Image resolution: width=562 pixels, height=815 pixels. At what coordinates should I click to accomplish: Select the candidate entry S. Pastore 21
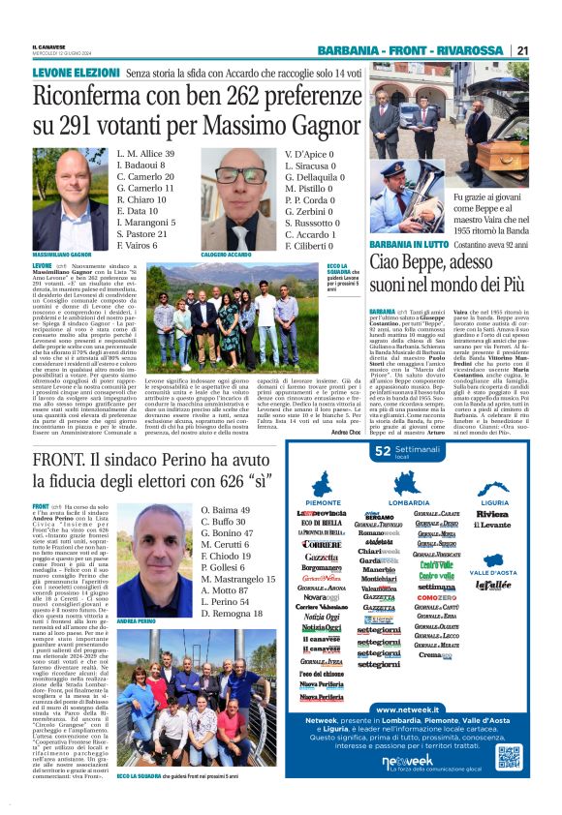click(x=143, y=233)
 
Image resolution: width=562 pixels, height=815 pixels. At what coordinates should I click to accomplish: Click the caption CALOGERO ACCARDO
click(x=226, y=255)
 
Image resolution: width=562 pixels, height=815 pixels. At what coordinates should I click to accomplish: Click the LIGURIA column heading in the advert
click(x=493, y=503)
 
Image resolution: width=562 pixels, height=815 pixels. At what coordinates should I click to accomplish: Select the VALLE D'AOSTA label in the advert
click(x=494, y=573)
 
